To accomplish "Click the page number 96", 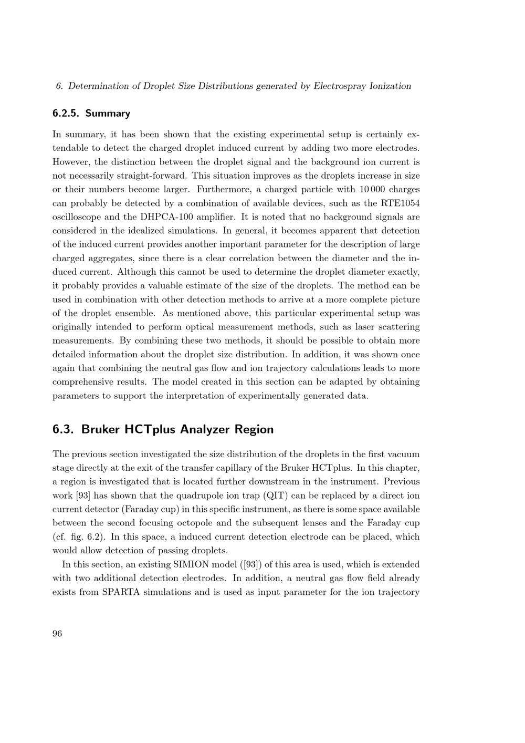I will tap(57, 634).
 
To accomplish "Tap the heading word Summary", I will tap(108, 113).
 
